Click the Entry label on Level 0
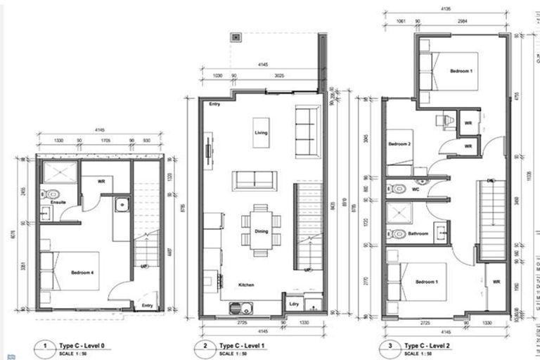tap(147, 305)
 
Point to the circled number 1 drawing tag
tap(46, 346)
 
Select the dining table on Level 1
tap(261, 224)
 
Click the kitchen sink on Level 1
tap(242, 308)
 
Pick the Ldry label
tap(294, 304)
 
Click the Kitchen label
tap(245, 285)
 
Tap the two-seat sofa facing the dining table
tap(255, 180)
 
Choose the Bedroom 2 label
tap(399, 143)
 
